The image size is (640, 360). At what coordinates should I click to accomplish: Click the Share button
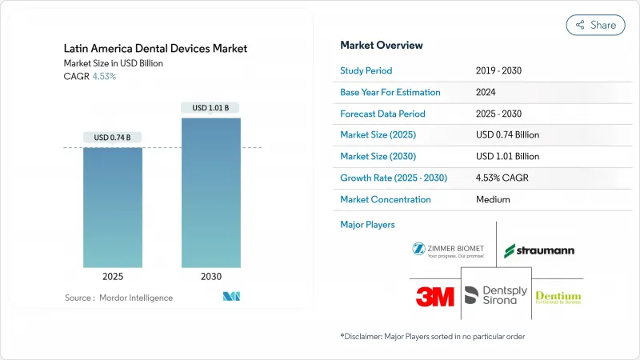(595, 25)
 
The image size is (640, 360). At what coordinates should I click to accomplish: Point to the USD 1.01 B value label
(211, 108)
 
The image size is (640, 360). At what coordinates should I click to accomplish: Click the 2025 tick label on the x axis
(113, 277)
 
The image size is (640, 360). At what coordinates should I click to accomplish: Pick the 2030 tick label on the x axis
(211, 277)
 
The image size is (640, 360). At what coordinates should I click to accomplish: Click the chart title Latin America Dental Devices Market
(156, 49)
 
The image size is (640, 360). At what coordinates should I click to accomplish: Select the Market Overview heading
(382, 45)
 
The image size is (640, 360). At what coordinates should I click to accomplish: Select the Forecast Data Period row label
(382, 114)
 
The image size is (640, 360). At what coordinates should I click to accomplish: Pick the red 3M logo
(434, 297)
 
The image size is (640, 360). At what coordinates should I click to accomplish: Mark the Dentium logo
(558, 298)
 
